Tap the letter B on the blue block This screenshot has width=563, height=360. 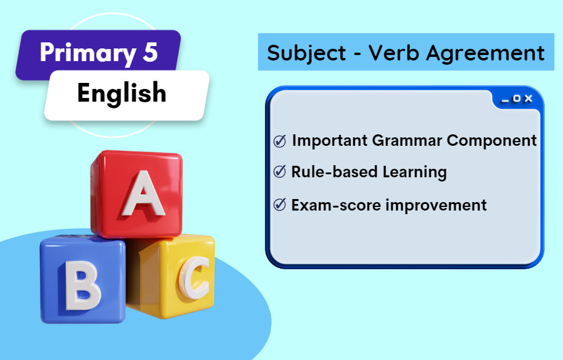coord(83,286)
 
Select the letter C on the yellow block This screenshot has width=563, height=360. coord(194,277)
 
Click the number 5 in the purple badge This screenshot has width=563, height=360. coord(150,53)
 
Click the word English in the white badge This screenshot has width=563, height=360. coord(122,93)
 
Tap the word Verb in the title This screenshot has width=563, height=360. coord(394,53)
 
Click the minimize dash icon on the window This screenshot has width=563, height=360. coord(505,101)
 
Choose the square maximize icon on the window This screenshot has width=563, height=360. coord(516,98)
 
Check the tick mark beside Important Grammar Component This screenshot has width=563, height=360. coord(280,141)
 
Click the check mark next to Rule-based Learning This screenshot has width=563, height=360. coord(280,172)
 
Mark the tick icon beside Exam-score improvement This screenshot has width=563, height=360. coord(280,205)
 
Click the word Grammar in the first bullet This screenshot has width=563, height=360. coord(407,140)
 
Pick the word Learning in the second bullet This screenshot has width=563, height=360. coord(415,172)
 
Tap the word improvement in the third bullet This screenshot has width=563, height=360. coord(436,206)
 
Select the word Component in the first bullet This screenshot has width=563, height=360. coord(492,141)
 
